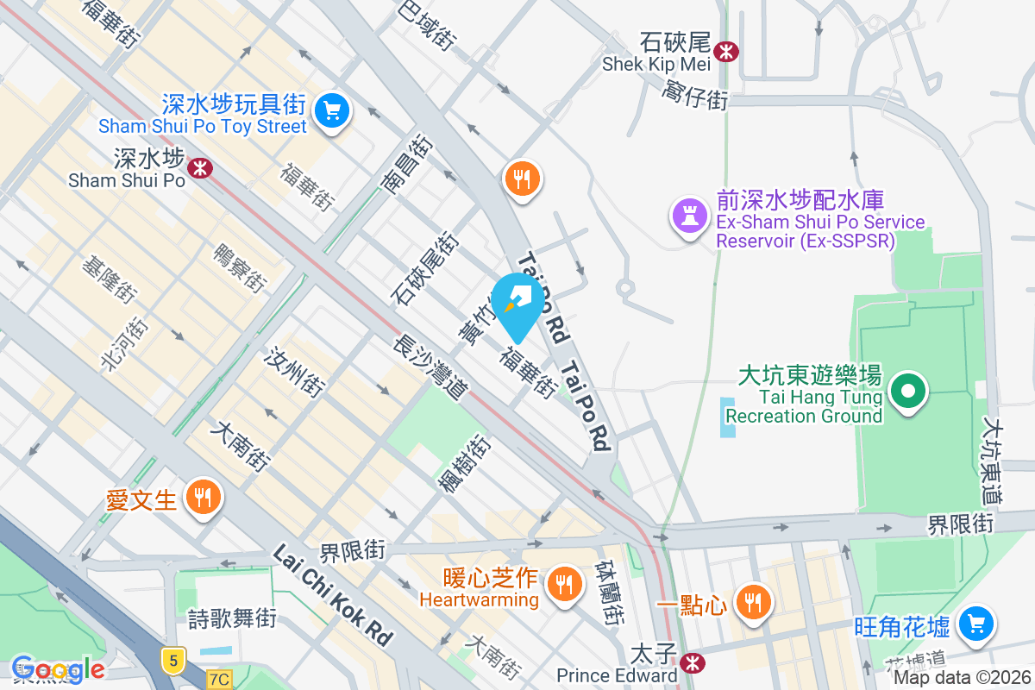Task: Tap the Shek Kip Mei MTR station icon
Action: [x=727, y=51]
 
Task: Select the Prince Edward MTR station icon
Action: [x=690, y=662]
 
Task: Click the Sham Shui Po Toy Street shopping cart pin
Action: [x=331, y=111]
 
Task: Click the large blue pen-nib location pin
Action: [x=518, y=302]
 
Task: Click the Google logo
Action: [x=57, y=668]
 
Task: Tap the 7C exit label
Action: [x=219, y=680]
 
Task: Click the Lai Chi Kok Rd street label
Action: [x=333, y=596]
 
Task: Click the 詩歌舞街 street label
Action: [x=232, y=618]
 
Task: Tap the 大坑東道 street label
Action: [x=993, y=462]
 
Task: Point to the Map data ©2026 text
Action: [x=961, y=678]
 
